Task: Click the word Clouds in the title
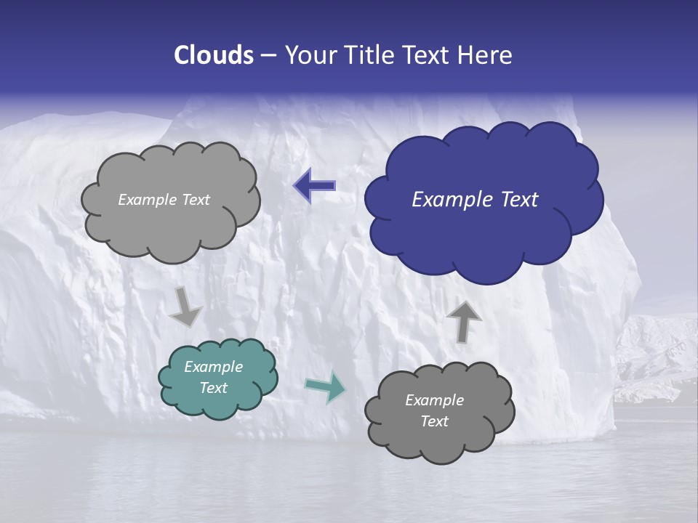[213, 55]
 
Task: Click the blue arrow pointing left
[314, 187]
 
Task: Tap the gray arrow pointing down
[186, 307]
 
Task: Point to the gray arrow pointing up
[463, 321]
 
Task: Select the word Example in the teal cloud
[214, 367]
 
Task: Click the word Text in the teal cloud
[214, 388]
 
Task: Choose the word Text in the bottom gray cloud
[434, 421]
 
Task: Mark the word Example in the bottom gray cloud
[434, 400]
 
